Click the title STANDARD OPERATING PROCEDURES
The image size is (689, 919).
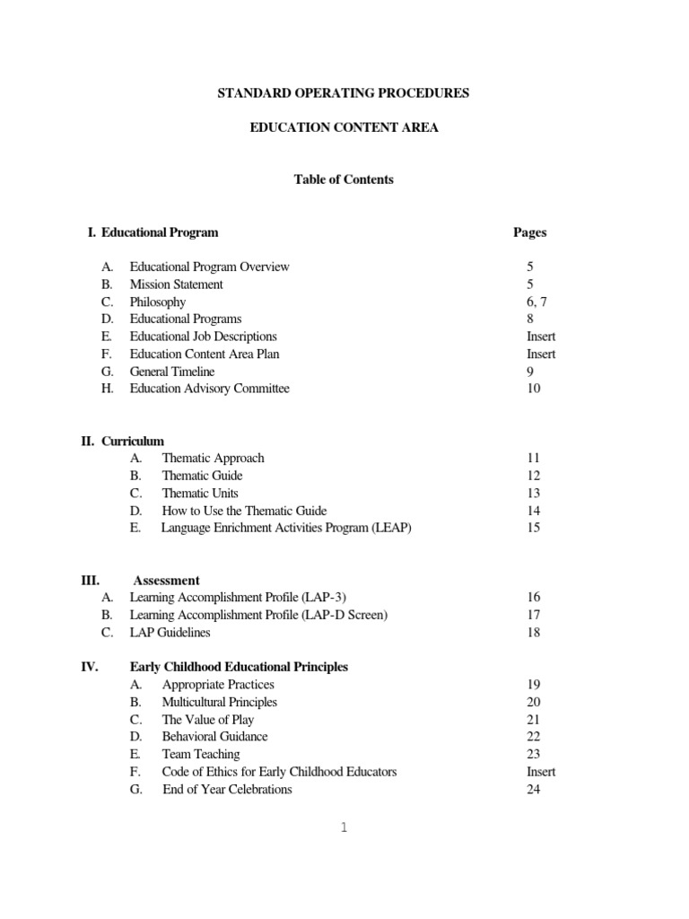click(x=344, y=93)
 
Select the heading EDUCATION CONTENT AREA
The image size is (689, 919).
click(x=344, y=128)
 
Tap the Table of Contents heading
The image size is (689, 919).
click(x=344, y=179)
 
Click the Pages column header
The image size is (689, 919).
click(x=529, y=232)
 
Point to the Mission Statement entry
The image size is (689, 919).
click(x=176, y=284)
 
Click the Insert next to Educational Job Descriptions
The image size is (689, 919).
click(x=541, y=337)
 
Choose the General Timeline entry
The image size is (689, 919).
click(x=174, y=372)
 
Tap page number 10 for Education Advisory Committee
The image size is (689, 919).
click(x=534, y=389)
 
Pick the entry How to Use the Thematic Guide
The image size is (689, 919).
click(x=244, y=511)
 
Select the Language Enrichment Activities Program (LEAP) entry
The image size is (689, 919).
click(x=286, y=528)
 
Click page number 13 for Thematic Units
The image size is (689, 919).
click(x=534, y=493)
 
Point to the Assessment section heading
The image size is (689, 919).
click(x=166, y=581)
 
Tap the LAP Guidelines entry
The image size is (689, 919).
click(x=170, y=633)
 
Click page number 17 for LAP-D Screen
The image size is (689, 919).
click(x=534, y=615)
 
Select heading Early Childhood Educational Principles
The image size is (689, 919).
click(x=239, y=667)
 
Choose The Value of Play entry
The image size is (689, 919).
click(x=207, y=720)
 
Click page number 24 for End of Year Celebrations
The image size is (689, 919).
click(x=534, y=790)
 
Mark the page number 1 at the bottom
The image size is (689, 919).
click(x=344, y=828)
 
